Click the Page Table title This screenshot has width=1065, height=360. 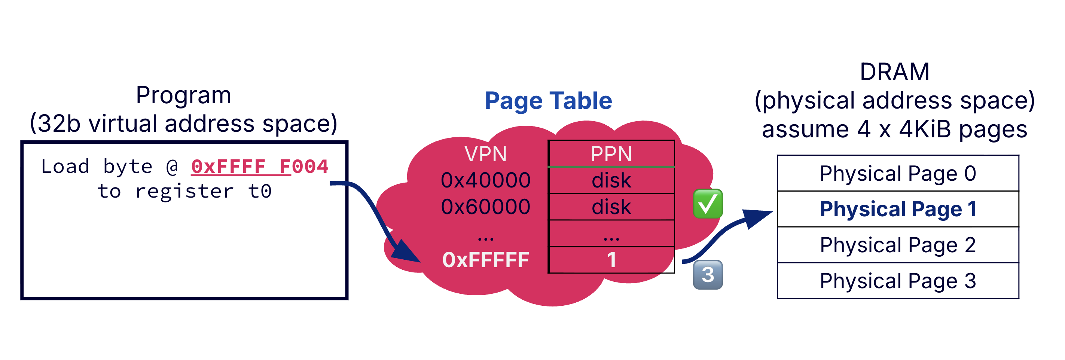click(x=548, y=101)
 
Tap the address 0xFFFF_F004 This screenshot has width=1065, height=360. click(x=260, y=167)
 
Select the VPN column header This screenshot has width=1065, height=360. click(x=485, y=154)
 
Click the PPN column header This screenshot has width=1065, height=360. click(x=611, y=154)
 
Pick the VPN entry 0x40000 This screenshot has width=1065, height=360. click(x=485, y=180)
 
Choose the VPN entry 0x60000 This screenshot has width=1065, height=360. click(x=485, y=207)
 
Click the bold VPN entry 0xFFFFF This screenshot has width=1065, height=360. click(x=485, y=260)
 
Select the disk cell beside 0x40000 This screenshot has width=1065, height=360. click(x=611, y=181)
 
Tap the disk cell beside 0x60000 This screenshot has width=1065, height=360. click(x=611, y=207)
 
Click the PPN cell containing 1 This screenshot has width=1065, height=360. click(x=611, y=260)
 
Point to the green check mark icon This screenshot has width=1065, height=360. click(x=707, y=203)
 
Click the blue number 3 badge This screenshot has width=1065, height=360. click(x=707, y=274)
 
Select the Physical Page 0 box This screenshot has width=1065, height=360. click(x=898, y=173)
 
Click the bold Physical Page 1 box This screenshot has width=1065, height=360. click(x=898, y=209)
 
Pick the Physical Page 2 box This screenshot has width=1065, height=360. click(x=898, y=245)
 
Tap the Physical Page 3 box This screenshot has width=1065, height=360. click(x=898, y=281)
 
